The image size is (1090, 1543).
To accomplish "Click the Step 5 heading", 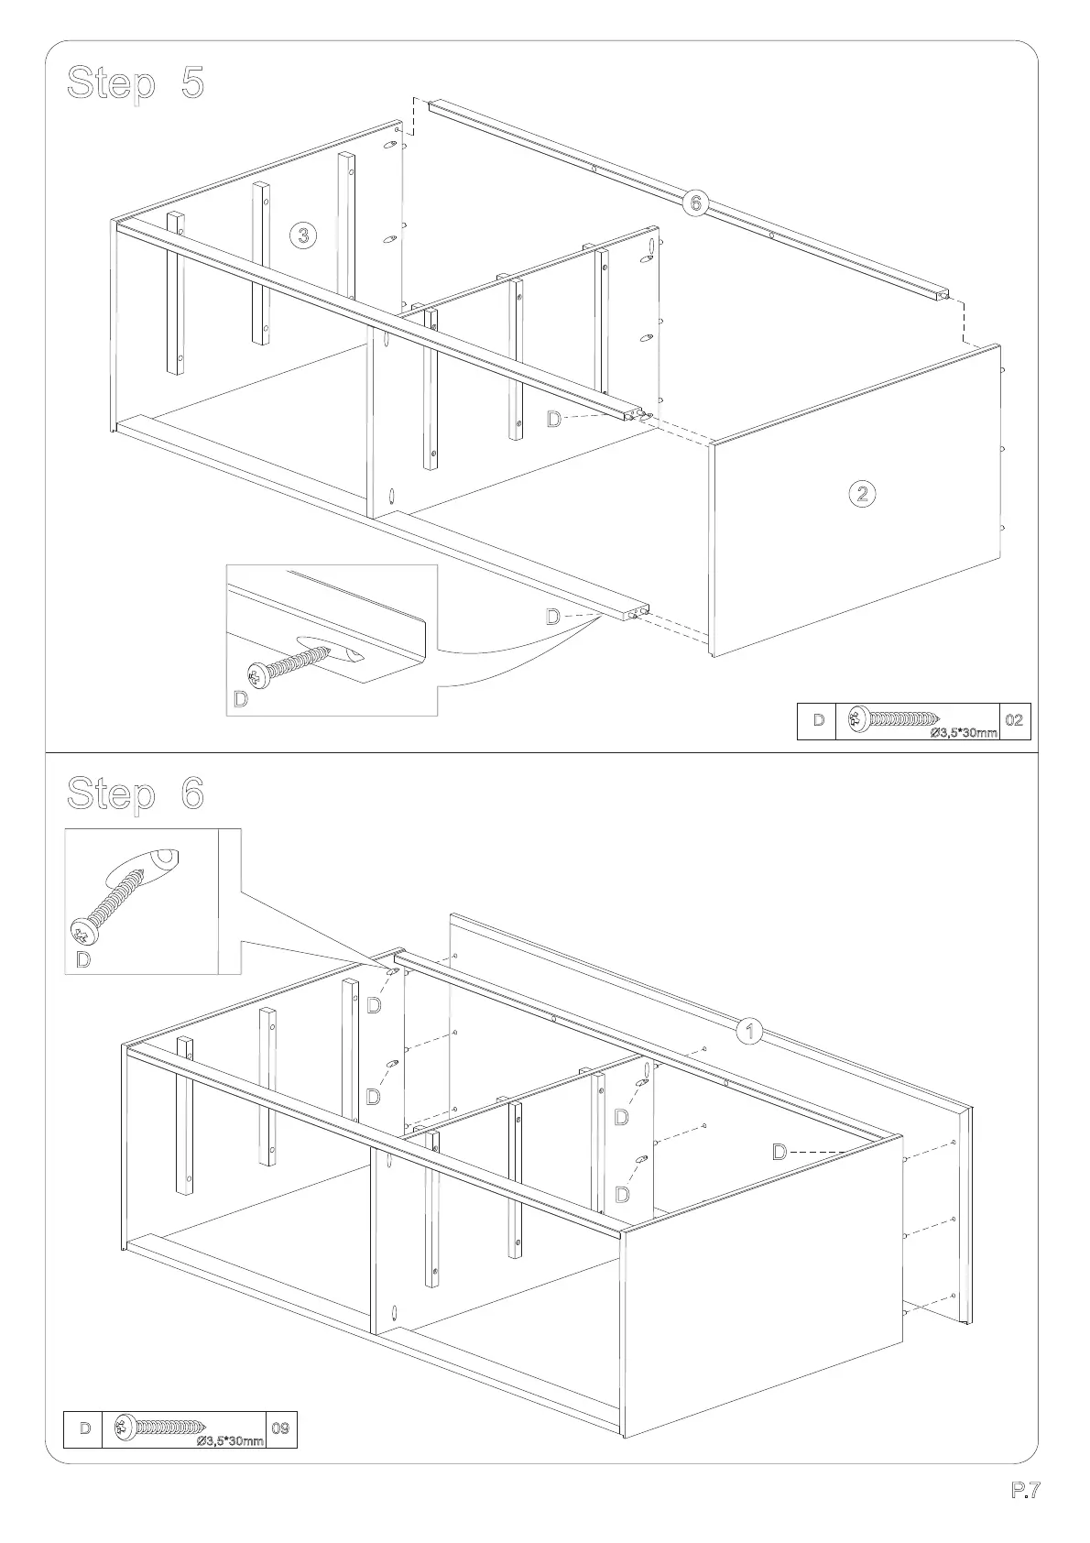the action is click(136, 83).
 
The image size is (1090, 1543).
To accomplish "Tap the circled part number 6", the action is click(695, 202).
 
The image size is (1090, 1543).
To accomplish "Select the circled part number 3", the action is click(304, 235).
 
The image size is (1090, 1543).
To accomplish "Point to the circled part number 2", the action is click(861, 494).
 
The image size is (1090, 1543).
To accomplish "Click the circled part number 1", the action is click(750, 1031).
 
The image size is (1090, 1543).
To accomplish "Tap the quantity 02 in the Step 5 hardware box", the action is click(1014, 720).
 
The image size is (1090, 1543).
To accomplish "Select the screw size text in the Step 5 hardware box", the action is click(963, 732).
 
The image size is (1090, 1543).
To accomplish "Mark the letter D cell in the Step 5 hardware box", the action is click(818, 720).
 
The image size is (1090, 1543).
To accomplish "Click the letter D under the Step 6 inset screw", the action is click(83, 959).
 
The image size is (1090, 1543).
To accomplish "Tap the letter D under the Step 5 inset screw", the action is click(240, 700).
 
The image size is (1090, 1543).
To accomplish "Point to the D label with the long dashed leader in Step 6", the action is click(779, 1152).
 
